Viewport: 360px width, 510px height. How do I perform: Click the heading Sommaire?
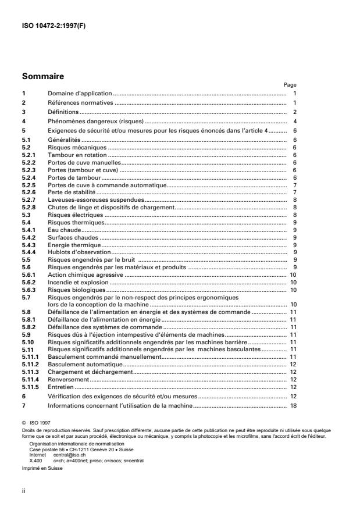coord(42,76)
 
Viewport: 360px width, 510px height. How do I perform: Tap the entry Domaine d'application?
coord(79,94)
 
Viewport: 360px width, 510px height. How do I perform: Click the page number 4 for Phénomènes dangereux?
coord(295,121)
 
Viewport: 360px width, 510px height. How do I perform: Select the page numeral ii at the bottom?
coord(23,491)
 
